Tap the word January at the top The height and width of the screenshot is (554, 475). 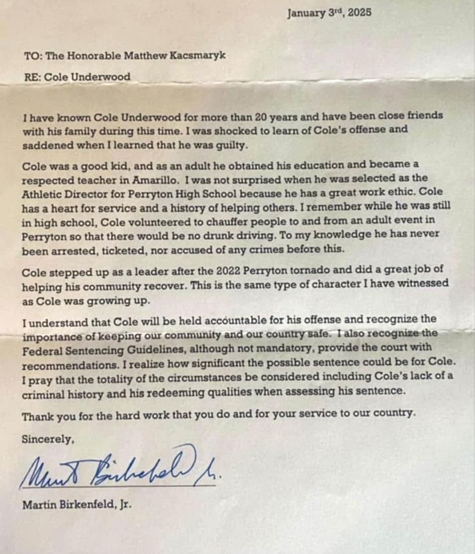(x=306, y=13)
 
